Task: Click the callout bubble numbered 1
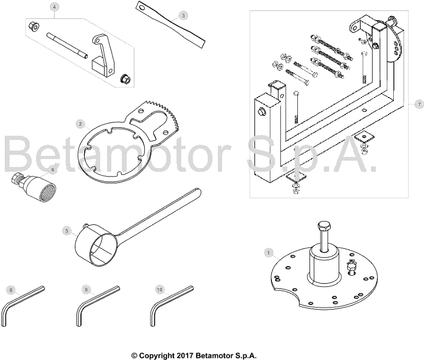click(269, 253)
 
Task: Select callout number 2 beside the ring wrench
click(80, 124)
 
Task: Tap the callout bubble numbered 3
click(183, 16)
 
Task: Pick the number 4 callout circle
click(55, 7)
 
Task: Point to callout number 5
click(67, 231)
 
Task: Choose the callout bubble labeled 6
click(52, 170)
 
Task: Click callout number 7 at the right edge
click(419, 104)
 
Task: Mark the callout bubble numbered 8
click(11, 290)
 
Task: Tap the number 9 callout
click(86, 289)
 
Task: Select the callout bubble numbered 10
click(160, 289)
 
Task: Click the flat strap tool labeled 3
click(170, 25)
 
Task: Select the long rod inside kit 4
click(67, 45)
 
